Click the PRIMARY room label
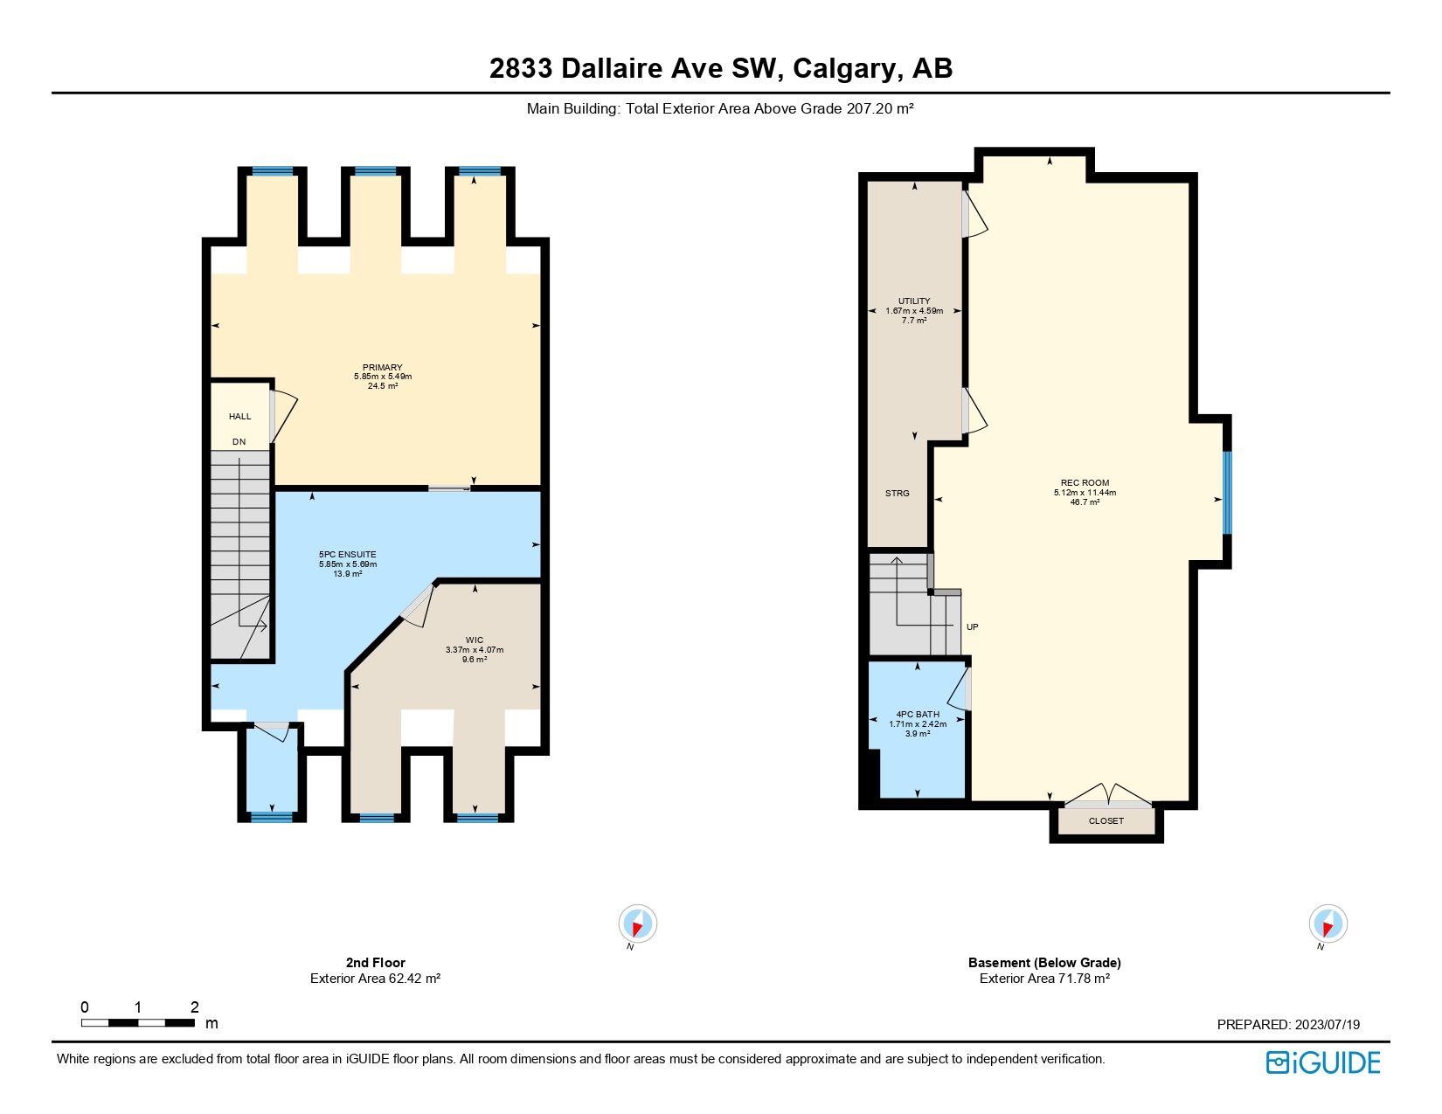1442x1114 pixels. (382, 368)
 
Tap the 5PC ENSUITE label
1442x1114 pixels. (347, 554)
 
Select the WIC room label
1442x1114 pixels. (474, 640)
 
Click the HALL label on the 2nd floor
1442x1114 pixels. (239, 417)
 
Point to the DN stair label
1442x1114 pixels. (239, 442)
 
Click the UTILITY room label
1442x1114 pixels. (914, 301)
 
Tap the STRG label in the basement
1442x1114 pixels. (897, 494)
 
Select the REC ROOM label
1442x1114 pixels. (1085, 483)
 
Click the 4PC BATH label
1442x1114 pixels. (918, 715)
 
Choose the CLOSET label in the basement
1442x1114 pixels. (1106, 821)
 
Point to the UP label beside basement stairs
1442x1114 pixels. (972, 627)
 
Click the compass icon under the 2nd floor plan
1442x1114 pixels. (637, 924)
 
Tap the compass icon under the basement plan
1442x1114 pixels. (1328, 924)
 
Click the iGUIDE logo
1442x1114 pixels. (1322, 1062)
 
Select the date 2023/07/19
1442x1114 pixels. (1327, 1025)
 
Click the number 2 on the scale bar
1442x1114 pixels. (194, 1007)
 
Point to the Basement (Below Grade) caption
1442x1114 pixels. (1044, 963)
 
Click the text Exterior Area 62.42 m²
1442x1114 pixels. (375, 979)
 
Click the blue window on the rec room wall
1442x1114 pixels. (1227, 492)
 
